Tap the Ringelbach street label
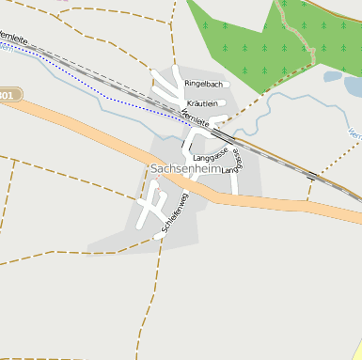[202, 84]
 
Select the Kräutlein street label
[202, 103]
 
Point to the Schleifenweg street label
[176, 212]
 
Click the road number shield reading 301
[8, 95]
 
